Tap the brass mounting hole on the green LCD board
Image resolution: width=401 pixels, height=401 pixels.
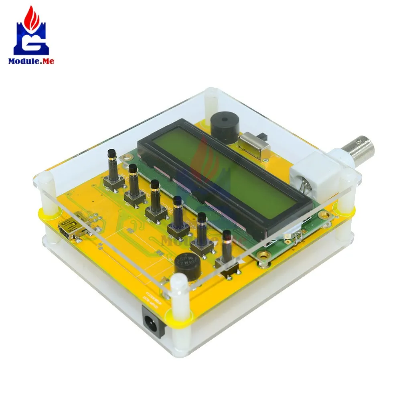point(263,255)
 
